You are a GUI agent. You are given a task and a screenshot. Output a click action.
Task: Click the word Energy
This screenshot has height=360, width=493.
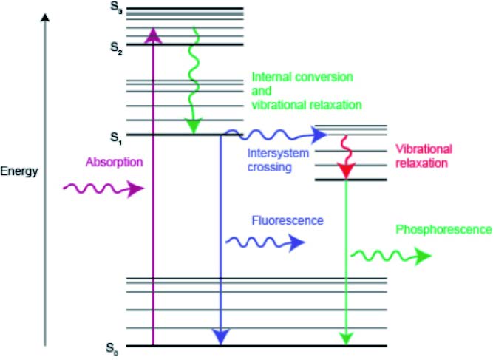point(19,171)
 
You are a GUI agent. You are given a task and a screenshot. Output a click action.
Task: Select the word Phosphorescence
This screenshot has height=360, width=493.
point(443,230)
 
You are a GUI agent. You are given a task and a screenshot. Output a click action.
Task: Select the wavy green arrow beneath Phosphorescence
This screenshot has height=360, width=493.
point(391,257)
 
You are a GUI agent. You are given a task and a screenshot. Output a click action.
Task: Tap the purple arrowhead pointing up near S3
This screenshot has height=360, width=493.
point(153,33)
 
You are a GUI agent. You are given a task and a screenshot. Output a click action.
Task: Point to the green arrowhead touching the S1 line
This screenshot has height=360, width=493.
point(194,126)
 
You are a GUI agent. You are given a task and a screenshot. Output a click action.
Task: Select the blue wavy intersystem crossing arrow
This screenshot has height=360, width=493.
point(277,135)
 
